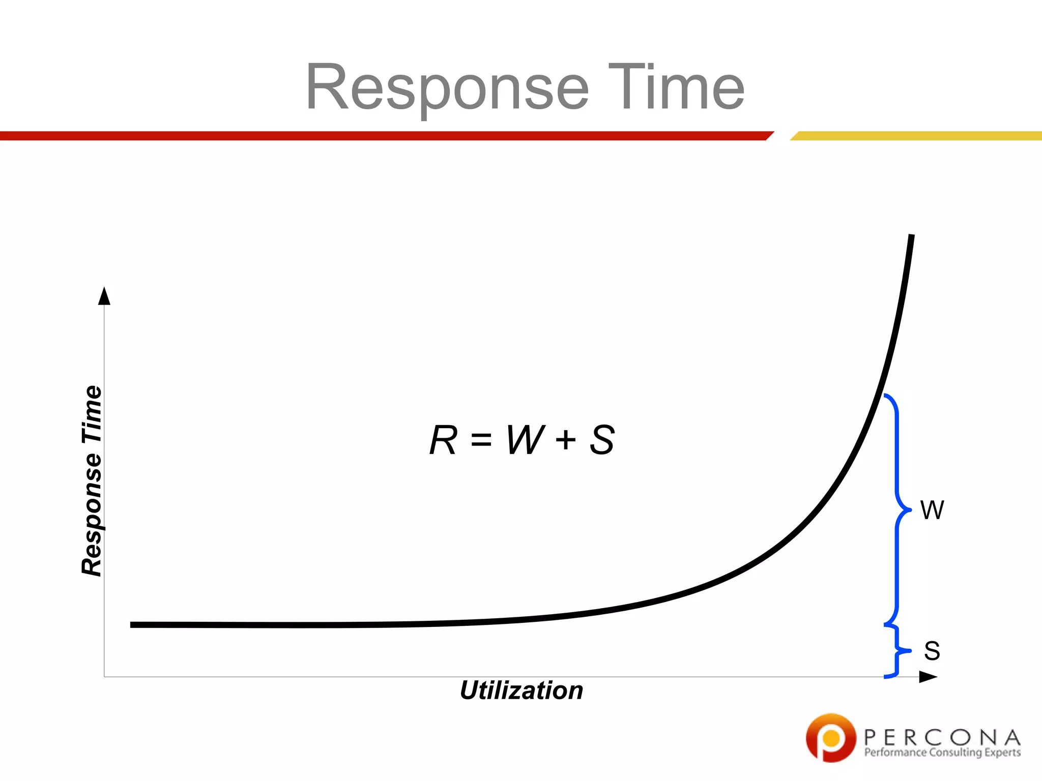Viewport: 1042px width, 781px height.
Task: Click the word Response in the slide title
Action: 447,87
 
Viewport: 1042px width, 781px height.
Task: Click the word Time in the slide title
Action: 676,87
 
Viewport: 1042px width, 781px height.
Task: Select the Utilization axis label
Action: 521,690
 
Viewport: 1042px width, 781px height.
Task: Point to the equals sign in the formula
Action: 481,440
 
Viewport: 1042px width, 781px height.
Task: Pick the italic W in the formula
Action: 526,440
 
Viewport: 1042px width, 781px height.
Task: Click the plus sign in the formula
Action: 566,440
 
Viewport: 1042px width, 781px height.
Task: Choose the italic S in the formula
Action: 602,440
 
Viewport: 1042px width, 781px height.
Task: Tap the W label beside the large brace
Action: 932,510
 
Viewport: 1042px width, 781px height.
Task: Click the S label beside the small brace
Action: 932,651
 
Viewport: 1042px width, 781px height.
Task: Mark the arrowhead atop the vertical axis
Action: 104,296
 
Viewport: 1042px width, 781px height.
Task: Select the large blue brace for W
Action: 897,508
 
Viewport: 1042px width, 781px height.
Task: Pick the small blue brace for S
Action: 897,651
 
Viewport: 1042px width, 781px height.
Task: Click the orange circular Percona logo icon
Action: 831,738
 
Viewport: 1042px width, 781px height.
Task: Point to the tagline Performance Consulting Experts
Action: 942,753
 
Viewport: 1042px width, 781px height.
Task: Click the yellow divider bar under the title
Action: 916,136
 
